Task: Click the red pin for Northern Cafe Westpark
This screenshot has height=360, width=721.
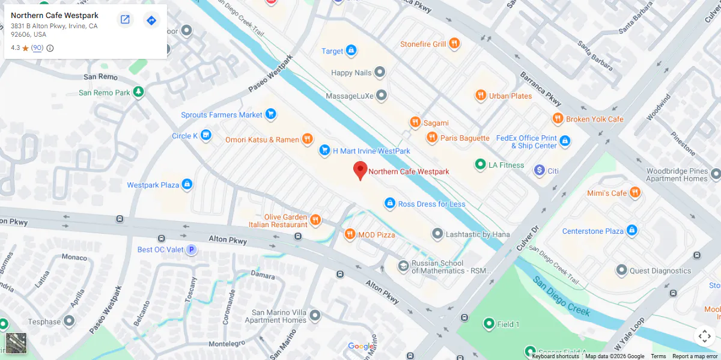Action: click(360, 169)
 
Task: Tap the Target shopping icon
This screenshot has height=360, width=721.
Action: click(351, 51)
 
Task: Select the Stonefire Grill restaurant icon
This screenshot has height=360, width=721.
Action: click(454, 43)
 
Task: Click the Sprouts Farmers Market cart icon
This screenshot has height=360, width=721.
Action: click(271, 114)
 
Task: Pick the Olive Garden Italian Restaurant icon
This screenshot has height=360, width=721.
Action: click(315, 221)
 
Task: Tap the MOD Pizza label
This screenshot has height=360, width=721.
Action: click(376, 234)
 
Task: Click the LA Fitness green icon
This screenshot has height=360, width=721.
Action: click(480, 164)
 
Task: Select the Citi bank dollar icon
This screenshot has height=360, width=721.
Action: click(539, 171)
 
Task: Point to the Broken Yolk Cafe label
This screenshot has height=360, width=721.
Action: click(594, 119)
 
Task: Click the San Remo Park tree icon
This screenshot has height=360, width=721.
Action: click(139, 92)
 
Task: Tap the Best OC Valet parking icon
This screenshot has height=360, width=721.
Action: click(191, 249)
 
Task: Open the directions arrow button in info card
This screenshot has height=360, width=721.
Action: click(151, 20)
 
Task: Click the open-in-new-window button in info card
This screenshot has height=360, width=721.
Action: click(125, 20)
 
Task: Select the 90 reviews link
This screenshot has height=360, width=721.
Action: click(37, 48)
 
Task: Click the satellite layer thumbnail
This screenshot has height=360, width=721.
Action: click(16, 343)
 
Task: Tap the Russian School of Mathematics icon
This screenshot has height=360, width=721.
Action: click(403, 265)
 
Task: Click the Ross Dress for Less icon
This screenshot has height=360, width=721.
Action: click(389, 204)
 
